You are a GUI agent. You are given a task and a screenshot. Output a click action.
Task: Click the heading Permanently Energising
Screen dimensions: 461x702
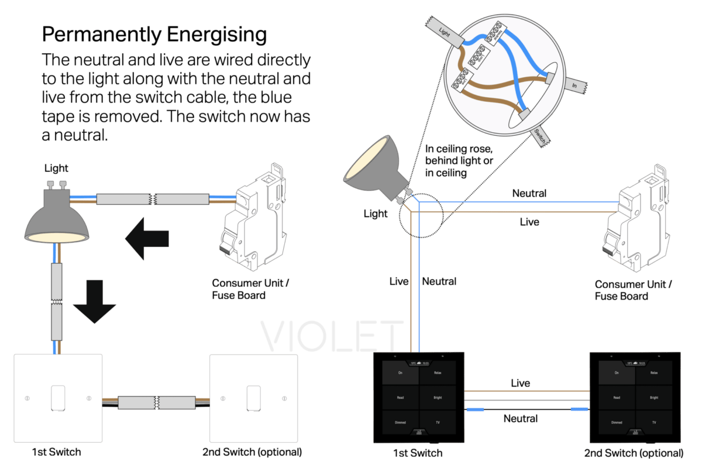point(154,35)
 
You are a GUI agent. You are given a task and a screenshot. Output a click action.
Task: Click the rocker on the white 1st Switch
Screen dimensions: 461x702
point(57,398)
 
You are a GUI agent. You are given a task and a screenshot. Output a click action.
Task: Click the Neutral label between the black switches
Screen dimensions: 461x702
point(520,418)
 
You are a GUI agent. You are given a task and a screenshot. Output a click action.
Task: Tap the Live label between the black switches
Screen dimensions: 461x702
point(521,383)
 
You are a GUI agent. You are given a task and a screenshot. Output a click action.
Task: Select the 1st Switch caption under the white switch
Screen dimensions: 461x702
point(56,452)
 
